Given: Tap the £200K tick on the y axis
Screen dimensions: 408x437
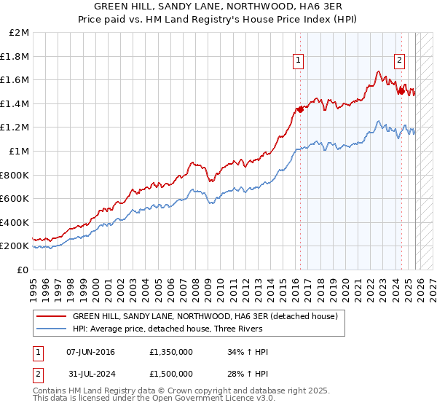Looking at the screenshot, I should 15,246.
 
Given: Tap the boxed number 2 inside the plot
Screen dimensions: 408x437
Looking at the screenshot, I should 400,61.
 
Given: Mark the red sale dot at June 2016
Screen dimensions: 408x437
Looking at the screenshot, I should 300,110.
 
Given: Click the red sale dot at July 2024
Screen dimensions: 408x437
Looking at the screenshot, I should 401,92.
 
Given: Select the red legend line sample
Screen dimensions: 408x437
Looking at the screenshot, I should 51,317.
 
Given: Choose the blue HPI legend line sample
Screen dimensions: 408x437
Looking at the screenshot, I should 51,329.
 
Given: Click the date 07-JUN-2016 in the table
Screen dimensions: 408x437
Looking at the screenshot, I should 90,352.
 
